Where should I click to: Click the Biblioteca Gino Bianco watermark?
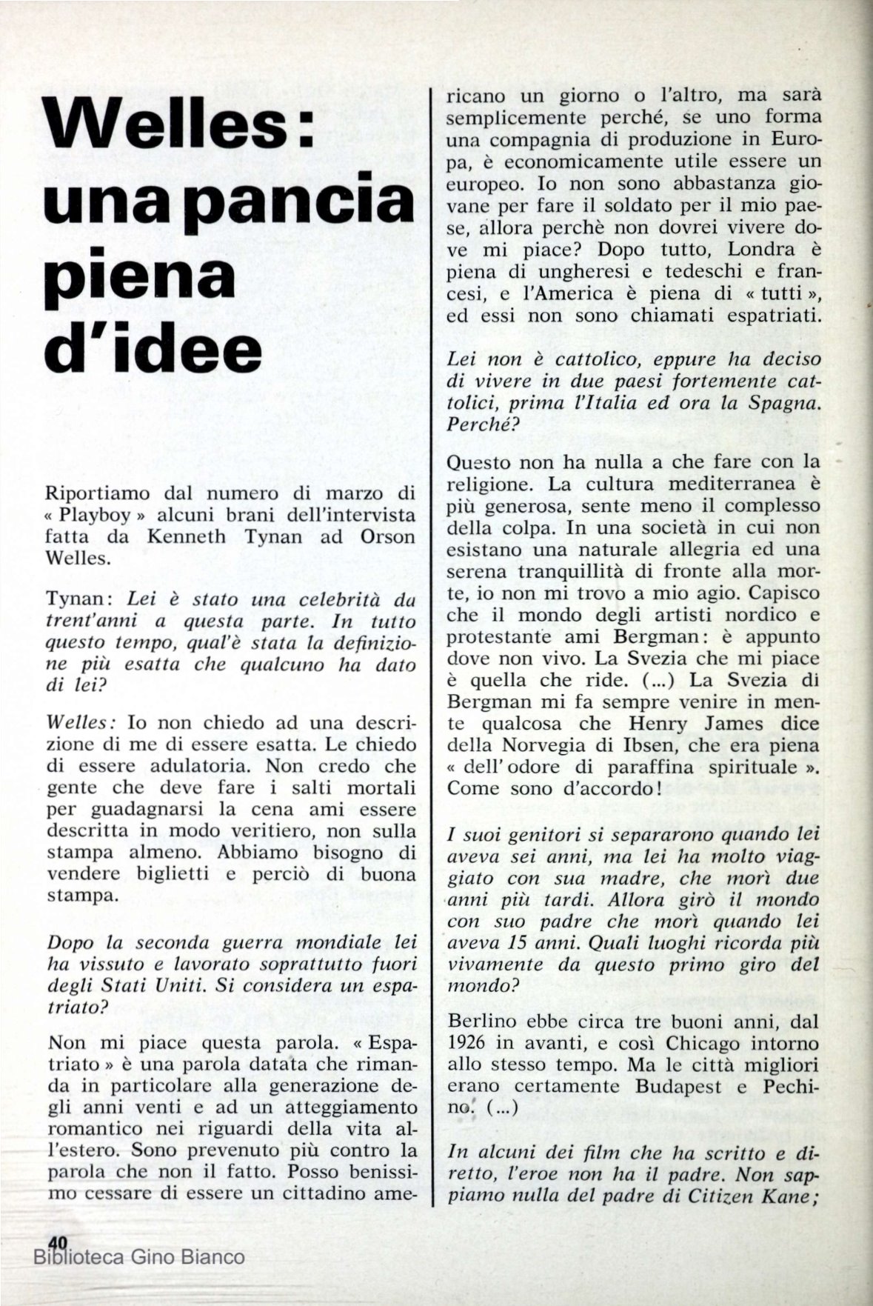139,1256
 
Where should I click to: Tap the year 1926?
472,1045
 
